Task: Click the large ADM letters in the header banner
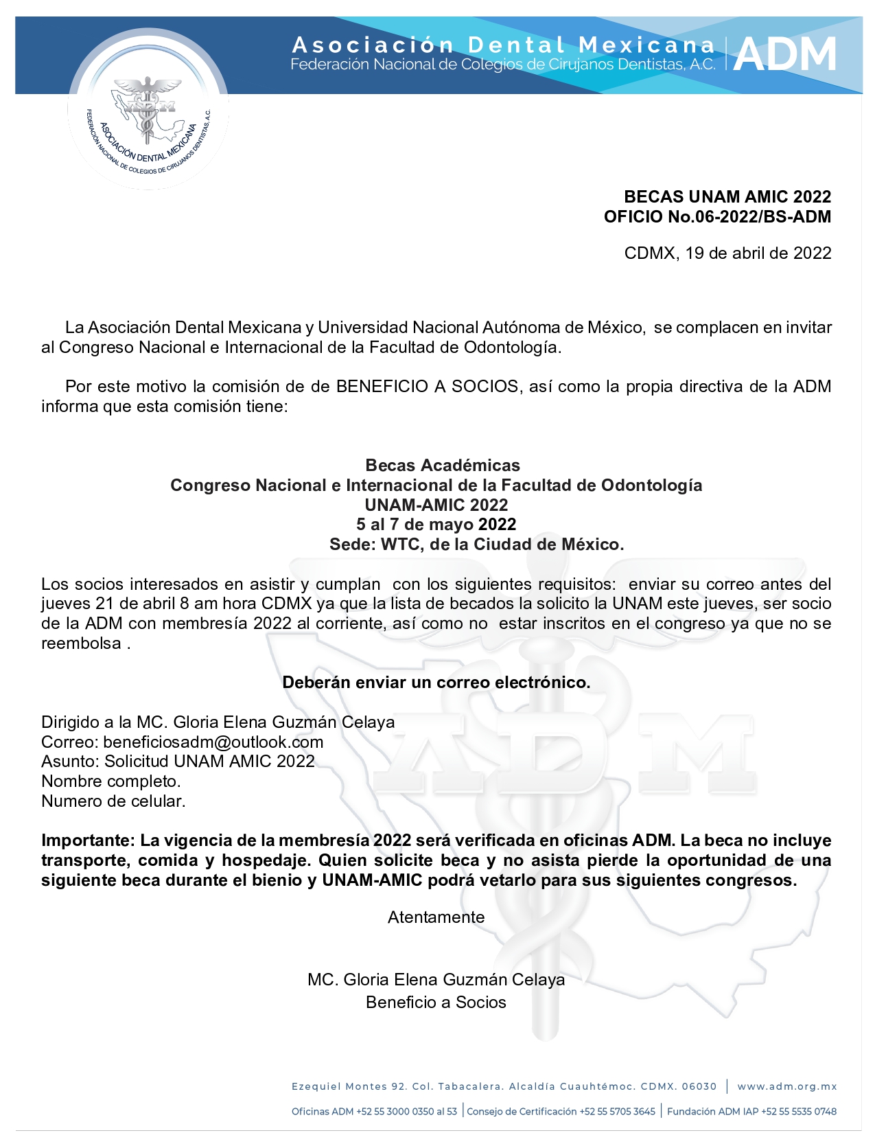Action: pyautogui.click(x=785, y=55)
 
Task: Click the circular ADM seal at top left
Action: pyautogui.click(x=148, y=110)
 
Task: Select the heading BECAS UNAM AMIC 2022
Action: pyautogui.click(x=727, y=197)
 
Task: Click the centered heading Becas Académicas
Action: pyautogui.click(x=443, y=466)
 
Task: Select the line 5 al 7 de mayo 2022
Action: pyautogui.click(x=436, y=525)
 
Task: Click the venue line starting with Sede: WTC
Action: pyautogui.click(x=476, y=545)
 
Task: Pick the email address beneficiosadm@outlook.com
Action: pyautogui.click(x=213, y=742)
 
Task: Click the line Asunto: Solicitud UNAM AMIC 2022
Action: pyautogui.click(x=178, y=762)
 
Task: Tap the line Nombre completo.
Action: pyautogui.click(x=111, y=781)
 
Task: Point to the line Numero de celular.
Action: pyautogui.click(x=113, y=801)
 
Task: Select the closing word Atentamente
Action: pyautogui.click(x=436, y=917)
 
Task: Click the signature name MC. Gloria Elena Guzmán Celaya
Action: pyautogui.click(x=436, y=980)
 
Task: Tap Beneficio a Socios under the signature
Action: pyautogui.click(x=436, y=1003)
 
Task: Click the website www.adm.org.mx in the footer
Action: pyautogui.click(x=787, y=1086)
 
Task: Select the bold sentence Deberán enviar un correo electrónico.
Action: pyautogui.click(x=436, y=683)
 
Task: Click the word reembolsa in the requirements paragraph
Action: pyautogui.click(x=81, y=644)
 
